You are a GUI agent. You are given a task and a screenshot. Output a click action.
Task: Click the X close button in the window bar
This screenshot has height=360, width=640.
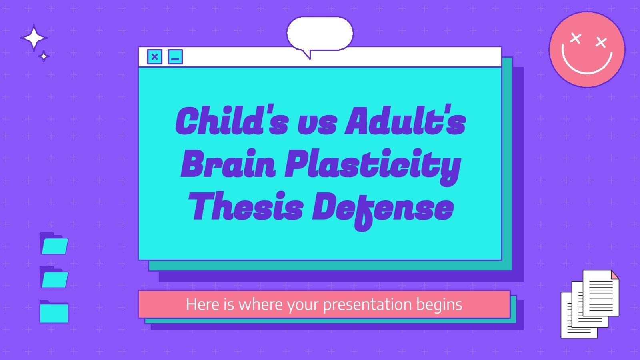coord(155,57)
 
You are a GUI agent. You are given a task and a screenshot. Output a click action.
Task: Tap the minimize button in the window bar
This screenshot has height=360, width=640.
coord(175,57)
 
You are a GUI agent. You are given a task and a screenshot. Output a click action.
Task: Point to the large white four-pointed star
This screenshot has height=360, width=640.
coord(34,38)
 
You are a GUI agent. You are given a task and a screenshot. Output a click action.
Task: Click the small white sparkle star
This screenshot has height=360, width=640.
coord(44,56)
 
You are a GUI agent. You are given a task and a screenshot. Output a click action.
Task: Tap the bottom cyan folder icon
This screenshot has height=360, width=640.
coord(54,312)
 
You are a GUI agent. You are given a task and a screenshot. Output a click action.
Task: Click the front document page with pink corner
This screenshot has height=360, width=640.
coord(600,293)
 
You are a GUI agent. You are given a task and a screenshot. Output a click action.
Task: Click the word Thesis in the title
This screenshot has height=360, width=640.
coord(246,207)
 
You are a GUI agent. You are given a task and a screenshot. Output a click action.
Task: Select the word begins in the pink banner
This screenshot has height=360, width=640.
coord(439,305)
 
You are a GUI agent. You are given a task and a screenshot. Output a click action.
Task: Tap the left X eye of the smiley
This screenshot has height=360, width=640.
coord(575,38)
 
